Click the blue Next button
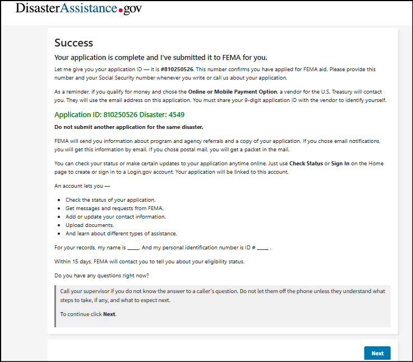point(377,353)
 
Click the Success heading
point(73,43)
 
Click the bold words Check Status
point(306,164)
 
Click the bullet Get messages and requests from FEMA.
point(114,208)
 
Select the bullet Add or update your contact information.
point(115,217)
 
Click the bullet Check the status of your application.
point(110,200)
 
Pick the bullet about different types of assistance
point(121,234)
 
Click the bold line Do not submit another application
point(128,127)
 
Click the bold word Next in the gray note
point(109,314)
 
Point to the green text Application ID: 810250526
point(99,115)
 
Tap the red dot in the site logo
point(122,11)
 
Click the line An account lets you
point(82,185)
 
